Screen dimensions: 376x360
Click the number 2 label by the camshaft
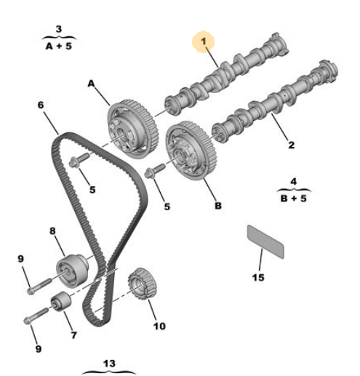(x=291, y=145)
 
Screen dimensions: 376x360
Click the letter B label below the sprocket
(x=217, y=205)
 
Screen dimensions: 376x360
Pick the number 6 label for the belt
(x=41, y=105)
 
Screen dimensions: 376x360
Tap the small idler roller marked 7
(x=60, y=302)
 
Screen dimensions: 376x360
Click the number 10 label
(x=159, y=326)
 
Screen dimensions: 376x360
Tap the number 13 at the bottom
(x=109, y=362)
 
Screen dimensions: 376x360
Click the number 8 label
(x=52, y=232)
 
